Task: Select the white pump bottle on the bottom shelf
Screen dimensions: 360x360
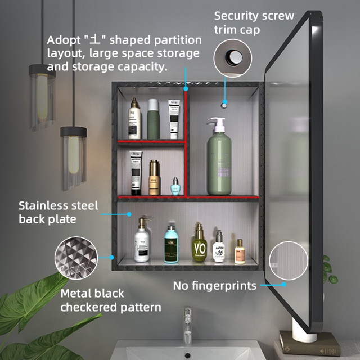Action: point(142,242)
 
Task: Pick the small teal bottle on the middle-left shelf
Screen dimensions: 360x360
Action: point(175,186)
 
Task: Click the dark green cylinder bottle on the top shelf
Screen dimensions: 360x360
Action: point(153,119)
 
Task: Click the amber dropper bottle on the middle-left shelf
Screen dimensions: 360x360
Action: point(154,179)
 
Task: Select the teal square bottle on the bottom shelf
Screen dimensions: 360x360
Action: point(171,245)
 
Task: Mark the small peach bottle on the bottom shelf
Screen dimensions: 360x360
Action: point(240,251)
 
